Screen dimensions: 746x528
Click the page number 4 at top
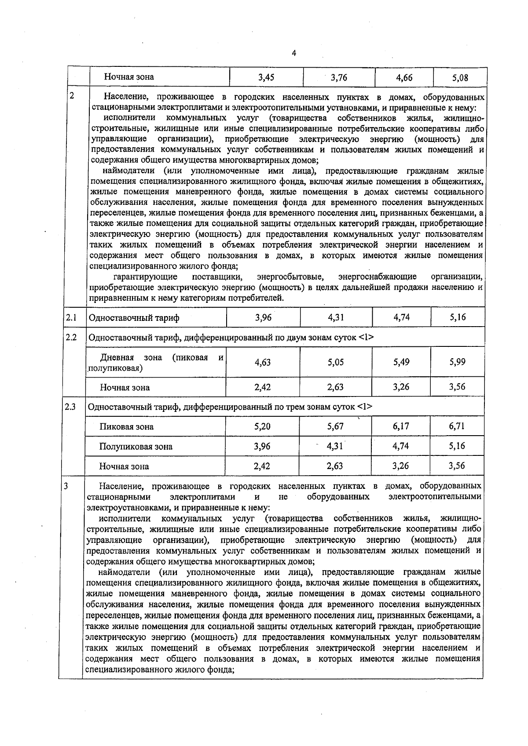294,53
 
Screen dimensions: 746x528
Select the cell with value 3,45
266,77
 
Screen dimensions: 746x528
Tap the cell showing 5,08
460,78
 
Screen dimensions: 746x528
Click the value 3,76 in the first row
339,78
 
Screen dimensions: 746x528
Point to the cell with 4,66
404,78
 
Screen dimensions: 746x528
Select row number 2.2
71,338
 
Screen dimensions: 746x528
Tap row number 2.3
70,407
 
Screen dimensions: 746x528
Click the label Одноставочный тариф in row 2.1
134,318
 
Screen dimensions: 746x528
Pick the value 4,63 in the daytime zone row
263,363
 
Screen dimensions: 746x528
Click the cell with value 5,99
458,362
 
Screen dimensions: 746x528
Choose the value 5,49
401,362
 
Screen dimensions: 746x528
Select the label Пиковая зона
126,426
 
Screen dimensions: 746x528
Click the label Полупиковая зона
136,447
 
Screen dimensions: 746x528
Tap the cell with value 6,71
457,426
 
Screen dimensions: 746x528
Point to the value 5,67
335,426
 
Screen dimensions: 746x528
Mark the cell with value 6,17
400,426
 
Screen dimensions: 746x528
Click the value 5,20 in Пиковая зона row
262,426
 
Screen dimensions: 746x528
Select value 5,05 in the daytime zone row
336,362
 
